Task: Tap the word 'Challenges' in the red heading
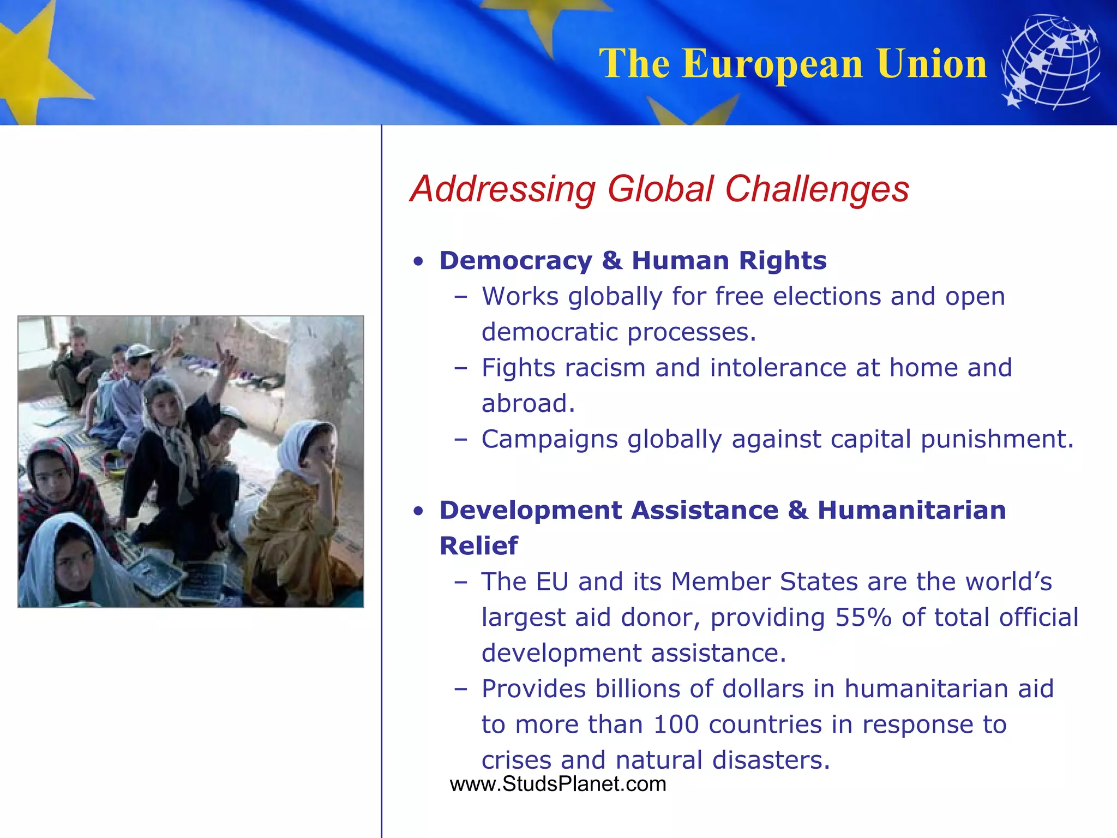[816, 189]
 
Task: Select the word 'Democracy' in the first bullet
[515, 261]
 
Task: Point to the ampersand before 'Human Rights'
[612, 261]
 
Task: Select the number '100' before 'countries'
[676, 725]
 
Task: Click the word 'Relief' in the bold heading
[478, 546]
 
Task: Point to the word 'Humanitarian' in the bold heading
[911, 511]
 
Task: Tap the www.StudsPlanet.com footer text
[558, 784]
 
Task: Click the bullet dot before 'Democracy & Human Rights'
[418, 262]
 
